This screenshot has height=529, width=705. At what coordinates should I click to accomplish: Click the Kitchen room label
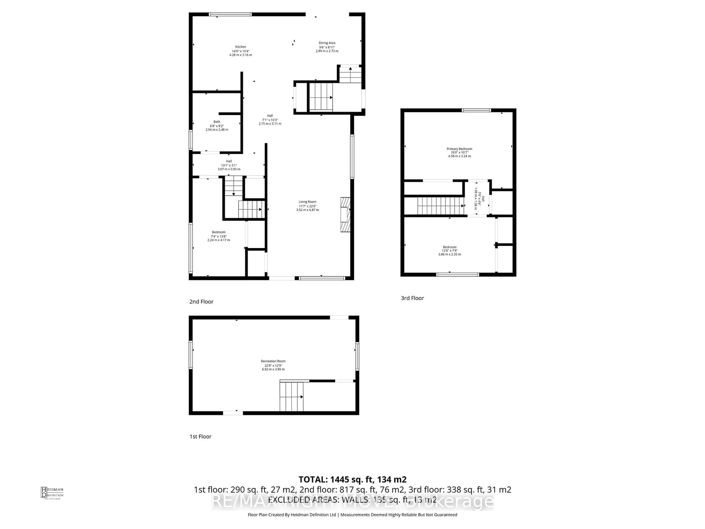(241, 51)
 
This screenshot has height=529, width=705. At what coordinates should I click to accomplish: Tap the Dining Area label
(327, 47)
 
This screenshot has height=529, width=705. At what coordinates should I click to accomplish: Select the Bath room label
(217, 126)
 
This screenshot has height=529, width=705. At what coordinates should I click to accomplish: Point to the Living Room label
(308, 206)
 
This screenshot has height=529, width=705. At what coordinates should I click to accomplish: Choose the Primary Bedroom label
(459, 152)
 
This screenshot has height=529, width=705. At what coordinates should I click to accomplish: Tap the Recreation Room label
(273, 365)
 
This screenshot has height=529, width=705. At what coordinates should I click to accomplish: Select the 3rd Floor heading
(412, 298)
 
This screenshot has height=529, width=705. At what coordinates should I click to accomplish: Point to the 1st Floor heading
(200, 437)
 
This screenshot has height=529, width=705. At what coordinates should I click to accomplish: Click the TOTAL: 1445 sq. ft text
(352, 480)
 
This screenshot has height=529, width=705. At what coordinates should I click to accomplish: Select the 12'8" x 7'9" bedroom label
(449, 251)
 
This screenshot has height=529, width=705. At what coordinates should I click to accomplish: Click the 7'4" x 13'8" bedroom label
(219, 236)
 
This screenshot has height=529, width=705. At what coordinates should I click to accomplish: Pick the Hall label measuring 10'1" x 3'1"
(229, 165)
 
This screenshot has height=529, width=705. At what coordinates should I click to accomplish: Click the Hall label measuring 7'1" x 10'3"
(270, 120)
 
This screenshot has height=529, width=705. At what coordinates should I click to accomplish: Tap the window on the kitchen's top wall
(230, 14)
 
